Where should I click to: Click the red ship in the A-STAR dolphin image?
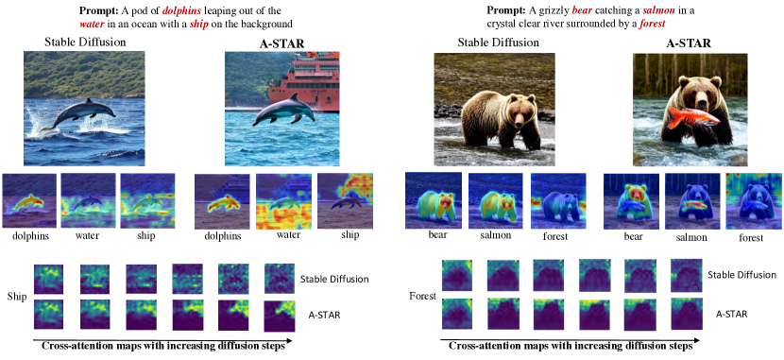[305, 81]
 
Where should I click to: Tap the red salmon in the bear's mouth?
[692, 116]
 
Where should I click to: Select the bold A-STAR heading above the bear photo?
[689, 43]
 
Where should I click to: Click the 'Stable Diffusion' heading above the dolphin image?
[85, 43]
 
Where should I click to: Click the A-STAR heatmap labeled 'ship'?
[345, 201]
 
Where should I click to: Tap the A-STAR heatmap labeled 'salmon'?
[692, 201]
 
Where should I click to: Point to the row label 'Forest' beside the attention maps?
[422, 297]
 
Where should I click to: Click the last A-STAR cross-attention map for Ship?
[279, 315]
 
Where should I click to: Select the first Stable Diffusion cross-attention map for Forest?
[456, 274]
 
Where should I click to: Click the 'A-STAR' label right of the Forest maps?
[731, 314]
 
